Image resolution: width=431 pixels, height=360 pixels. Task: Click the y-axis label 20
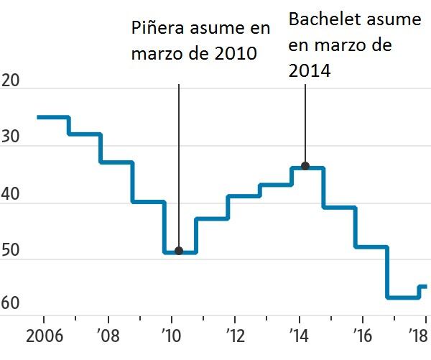(11, 80)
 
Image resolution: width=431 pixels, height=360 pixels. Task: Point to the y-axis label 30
(11, 137)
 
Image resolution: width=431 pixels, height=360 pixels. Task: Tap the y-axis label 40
(11, 194)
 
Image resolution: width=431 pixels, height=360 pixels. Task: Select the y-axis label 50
(11, 250)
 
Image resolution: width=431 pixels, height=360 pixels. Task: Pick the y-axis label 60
(11, 303)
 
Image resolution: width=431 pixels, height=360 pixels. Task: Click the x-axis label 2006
(45, 336)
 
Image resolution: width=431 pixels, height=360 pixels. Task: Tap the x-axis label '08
(108, 336)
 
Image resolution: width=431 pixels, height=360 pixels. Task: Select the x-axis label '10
(172, 336)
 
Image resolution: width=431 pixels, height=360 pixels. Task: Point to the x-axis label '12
(236, 336)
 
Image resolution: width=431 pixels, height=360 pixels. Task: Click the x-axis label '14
(299, 336)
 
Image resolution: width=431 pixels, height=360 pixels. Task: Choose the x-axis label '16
(363, 336)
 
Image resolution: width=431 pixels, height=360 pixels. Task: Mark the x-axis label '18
(418, 336)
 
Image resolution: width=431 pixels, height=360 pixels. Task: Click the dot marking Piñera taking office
(179, 251)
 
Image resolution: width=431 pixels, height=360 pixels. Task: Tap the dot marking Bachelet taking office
(305, 166)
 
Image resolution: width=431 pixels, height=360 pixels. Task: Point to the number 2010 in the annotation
(236, 53)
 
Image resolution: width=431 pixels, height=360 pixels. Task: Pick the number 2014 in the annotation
(310, 70)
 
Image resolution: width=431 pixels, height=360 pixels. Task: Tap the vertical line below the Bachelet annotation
(305, 123)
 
